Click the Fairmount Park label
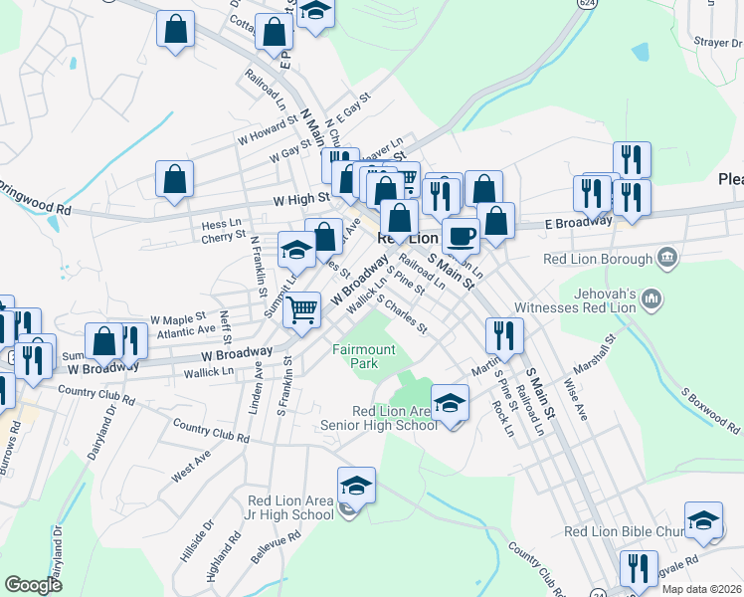click(x=364, y=356)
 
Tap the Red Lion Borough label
click(x=601, y=260)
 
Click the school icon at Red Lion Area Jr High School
click(x=356, y=485)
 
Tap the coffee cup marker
click(x=461, y=235)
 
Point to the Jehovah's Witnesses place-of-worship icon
click(x=652, y=298)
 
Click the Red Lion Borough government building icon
click(x=668, y=260)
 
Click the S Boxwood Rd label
click(x=710, y=408)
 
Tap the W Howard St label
click(x=268, y=128)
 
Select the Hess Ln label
click(x=222, y=224)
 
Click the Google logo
click(x=33, y=584)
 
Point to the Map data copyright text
click(x=701, y=589)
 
